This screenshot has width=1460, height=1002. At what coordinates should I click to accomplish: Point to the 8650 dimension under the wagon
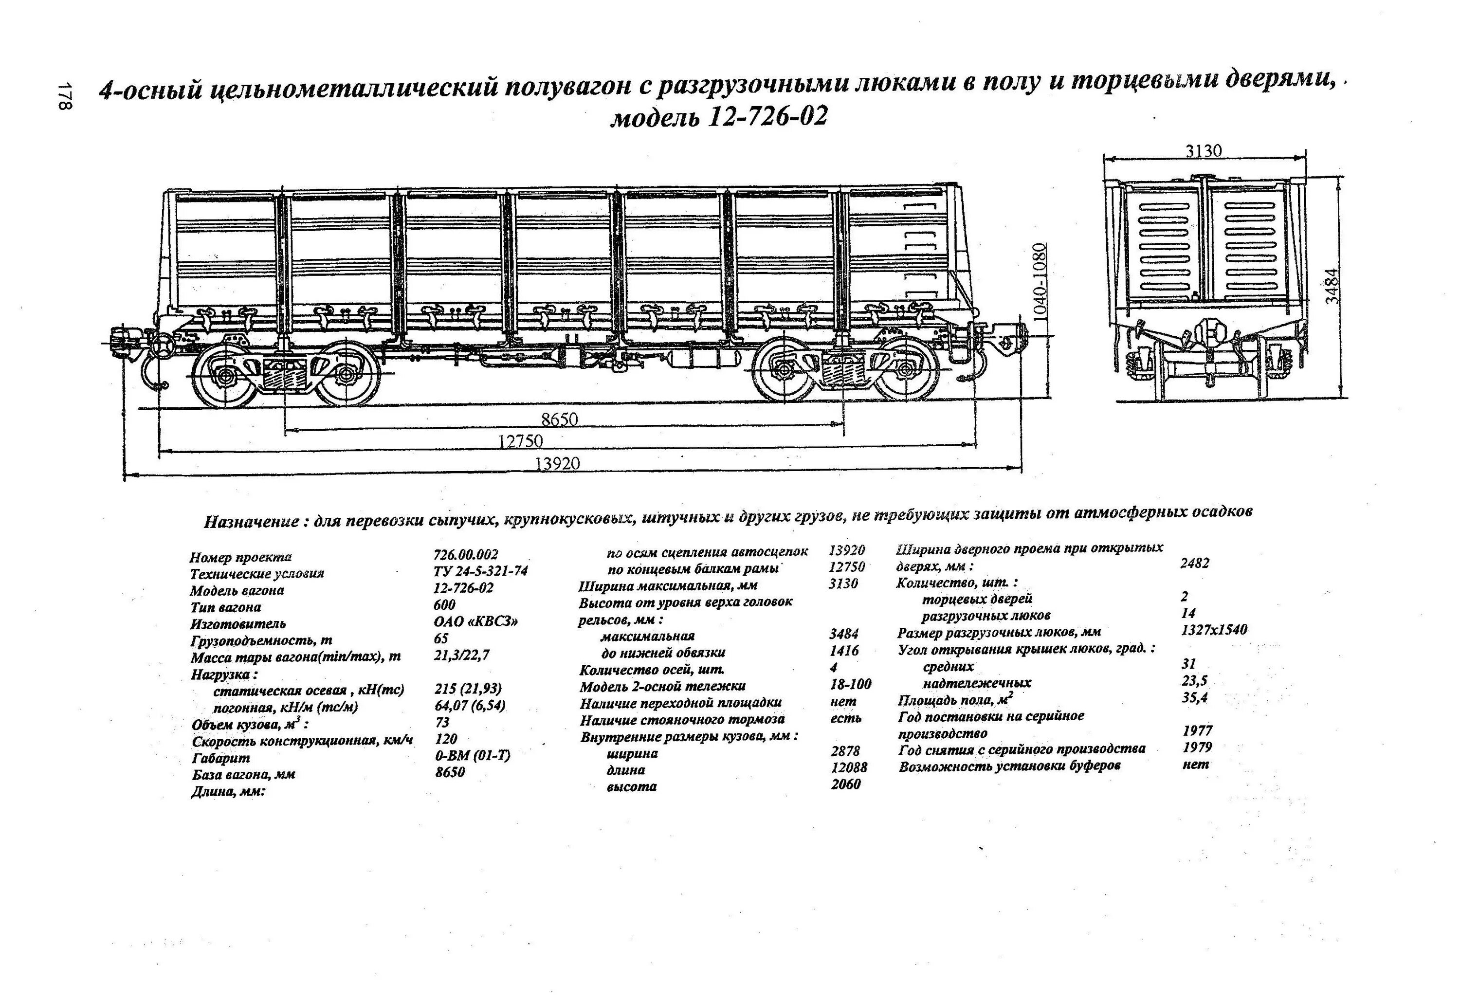[559, 419]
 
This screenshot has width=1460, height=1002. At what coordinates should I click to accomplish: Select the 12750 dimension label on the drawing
[520, 441]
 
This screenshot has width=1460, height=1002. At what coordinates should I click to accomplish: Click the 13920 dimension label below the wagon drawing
[557, 464]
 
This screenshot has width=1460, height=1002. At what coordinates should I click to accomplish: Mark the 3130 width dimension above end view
[1204, 151]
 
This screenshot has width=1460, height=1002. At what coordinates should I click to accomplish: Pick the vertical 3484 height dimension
[1332, 286]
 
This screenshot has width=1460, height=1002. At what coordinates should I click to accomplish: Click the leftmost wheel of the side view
[224, 375]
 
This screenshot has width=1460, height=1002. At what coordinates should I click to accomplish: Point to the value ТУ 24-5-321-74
[481, 570]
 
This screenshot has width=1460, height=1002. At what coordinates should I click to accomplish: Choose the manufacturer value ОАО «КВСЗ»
[476, 621]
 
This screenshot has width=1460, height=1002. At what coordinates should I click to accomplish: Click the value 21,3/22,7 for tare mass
[462, 655]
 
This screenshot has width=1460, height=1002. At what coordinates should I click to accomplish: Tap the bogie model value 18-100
[850, 684]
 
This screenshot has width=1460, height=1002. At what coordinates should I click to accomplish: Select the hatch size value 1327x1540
[1214, 629]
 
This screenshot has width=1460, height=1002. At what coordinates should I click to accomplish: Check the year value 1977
[1197, 730]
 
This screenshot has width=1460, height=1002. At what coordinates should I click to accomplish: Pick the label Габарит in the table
[220, 758]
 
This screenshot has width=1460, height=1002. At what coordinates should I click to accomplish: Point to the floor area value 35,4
[1194, 697]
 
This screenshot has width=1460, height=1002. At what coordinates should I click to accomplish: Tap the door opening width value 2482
[1194, 563]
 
